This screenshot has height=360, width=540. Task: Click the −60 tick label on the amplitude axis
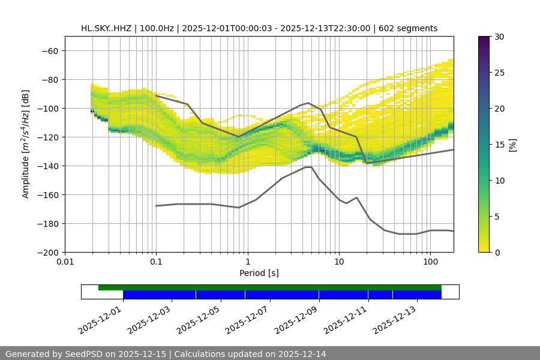[49, 51]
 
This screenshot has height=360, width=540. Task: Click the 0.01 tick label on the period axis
[65, 262]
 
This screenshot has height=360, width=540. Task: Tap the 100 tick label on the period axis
[430, 262]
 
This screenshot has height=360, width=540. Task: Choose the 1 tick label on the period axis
[247, 262]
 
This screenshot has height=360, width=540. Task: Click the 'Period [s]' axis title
[259, 273]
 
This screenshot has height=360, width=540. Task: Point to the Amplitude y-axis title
[26, 144]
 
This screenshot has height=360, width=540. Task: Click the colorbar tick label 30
[499, 37]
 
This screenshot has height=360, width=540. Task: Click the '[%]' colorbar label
[512, 145]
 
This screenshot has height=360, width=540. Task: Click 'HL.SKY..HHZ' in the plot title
[106, 28]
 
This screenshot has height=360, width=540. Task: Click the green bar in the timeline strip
[270, 287]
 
